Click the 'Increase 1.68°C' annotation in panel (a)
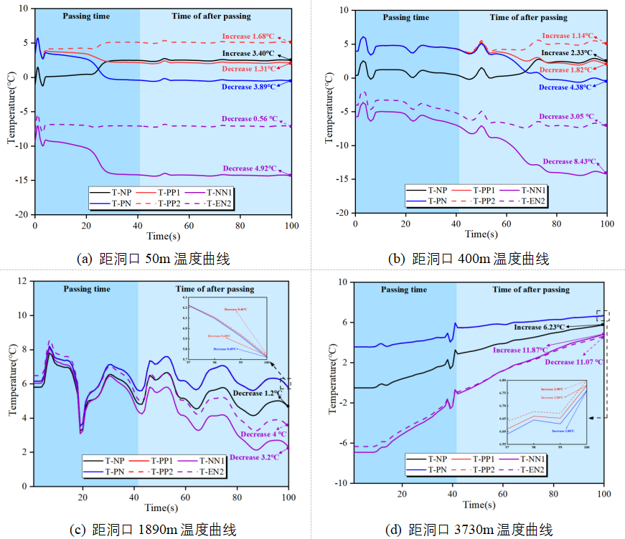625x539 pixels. [x=245, y=37]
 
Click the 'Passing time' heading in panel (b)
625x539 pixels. [x=406, y=17]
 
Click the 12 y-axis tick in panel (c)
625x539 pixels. [x=22, y=281]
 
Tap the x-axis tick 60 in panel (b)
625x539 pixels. [x=507, y=224]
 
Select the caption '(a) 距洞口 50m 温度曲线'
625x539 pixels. [x=154, y=259]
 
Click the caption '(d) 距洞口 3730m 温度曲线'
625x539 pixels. [x=469, y=530]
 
